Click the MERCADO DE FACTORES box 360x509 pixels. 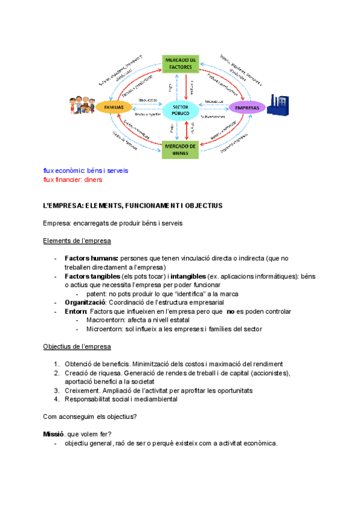tap(180, 64)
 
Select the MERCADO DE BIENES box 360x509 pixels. tap(180, 149)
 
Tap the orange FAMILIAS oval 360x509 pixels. tap(114, 107)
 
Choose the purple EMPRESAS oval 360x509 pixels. tap(247, 107)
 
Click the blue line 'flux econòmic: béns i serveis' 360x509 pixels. tap(86, 170)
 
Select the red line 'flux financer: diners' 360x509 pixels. tap(73, 179)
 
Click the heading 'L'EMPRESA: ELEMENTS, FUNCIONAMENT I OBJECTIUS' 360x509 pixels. tap(133, 206)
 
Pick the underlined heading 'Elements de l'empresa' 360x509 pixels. tap(77, 241)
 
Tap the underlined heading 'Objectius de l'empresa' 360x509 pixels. tap(77, 347)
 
